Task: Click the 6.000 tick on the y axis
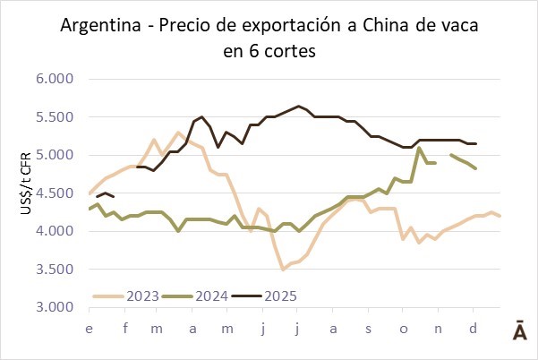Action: (x=56, y=79)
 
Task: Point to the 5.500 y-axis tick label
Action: (x=56, y=117)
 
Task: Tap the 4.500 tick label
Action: (x=56, y=193)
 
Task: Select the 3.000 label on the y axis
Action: (x=56, y=307)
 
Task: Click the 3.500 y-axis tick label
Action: (x=56, y=270)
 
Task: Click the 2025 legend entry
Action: (x=278, y=296)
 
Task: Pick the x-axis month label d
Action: (x=473, y=329)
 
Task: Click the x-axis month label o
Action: (x=404, y=329)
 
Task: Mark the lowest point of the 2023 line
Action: (x=283, y=269)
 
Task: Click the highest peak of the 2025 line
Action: (x=298, y=106)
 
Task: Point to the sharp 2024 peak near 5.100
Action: (x=419, y=149)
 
